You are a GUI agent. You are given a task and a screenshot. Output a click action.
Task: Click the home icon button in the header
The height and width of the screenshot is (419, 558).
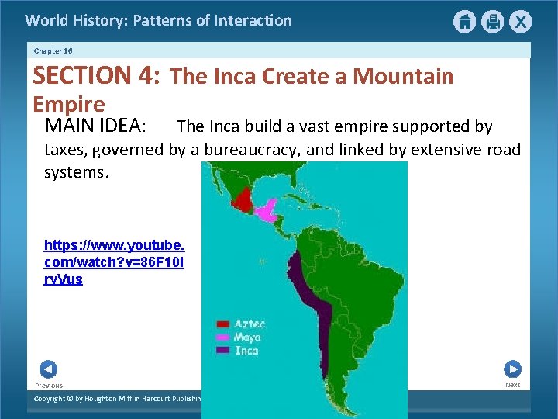[464, 22]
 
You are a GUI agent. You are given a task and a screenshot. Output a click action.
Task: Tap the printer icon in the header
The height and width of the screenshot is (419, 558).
[492, 22]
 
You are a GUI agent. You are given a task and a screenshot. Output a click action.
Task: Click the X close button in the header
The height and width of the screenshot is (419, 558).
[520, 22]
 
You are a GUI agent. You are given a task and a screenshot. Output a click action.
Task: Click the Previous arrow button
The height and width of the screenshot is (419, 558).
[48, 370]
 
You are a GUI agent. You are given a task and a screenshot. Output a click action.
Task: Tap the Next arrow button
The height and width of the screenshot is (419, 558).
[512, 369]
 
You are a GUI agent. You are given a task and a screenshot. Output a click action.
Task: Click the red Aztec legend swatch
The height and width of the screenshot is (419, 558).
[223, 324]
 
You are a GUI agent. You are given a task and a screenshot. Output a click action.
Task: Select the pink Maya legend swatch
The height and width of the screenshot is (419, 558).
[223, 338]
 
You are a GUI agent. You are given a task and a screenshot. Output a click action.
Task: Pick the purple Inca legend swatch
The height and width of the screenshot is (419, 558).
[223, 351]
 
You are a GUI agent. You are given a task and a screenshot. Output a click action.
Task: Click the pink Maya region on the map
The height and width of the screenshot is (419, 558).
[268, 208]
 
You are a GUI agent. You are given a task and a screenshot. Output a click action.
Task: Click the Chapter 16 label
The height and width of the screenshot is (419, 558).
[53, 50]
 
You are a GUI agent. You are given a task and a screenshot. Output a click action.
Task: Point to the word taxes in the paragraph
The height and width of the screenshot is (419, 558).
[64, 150]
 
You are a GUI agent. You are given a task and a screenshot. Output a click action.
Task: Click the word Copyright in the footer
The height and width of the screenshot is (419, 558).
[53, 399]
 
